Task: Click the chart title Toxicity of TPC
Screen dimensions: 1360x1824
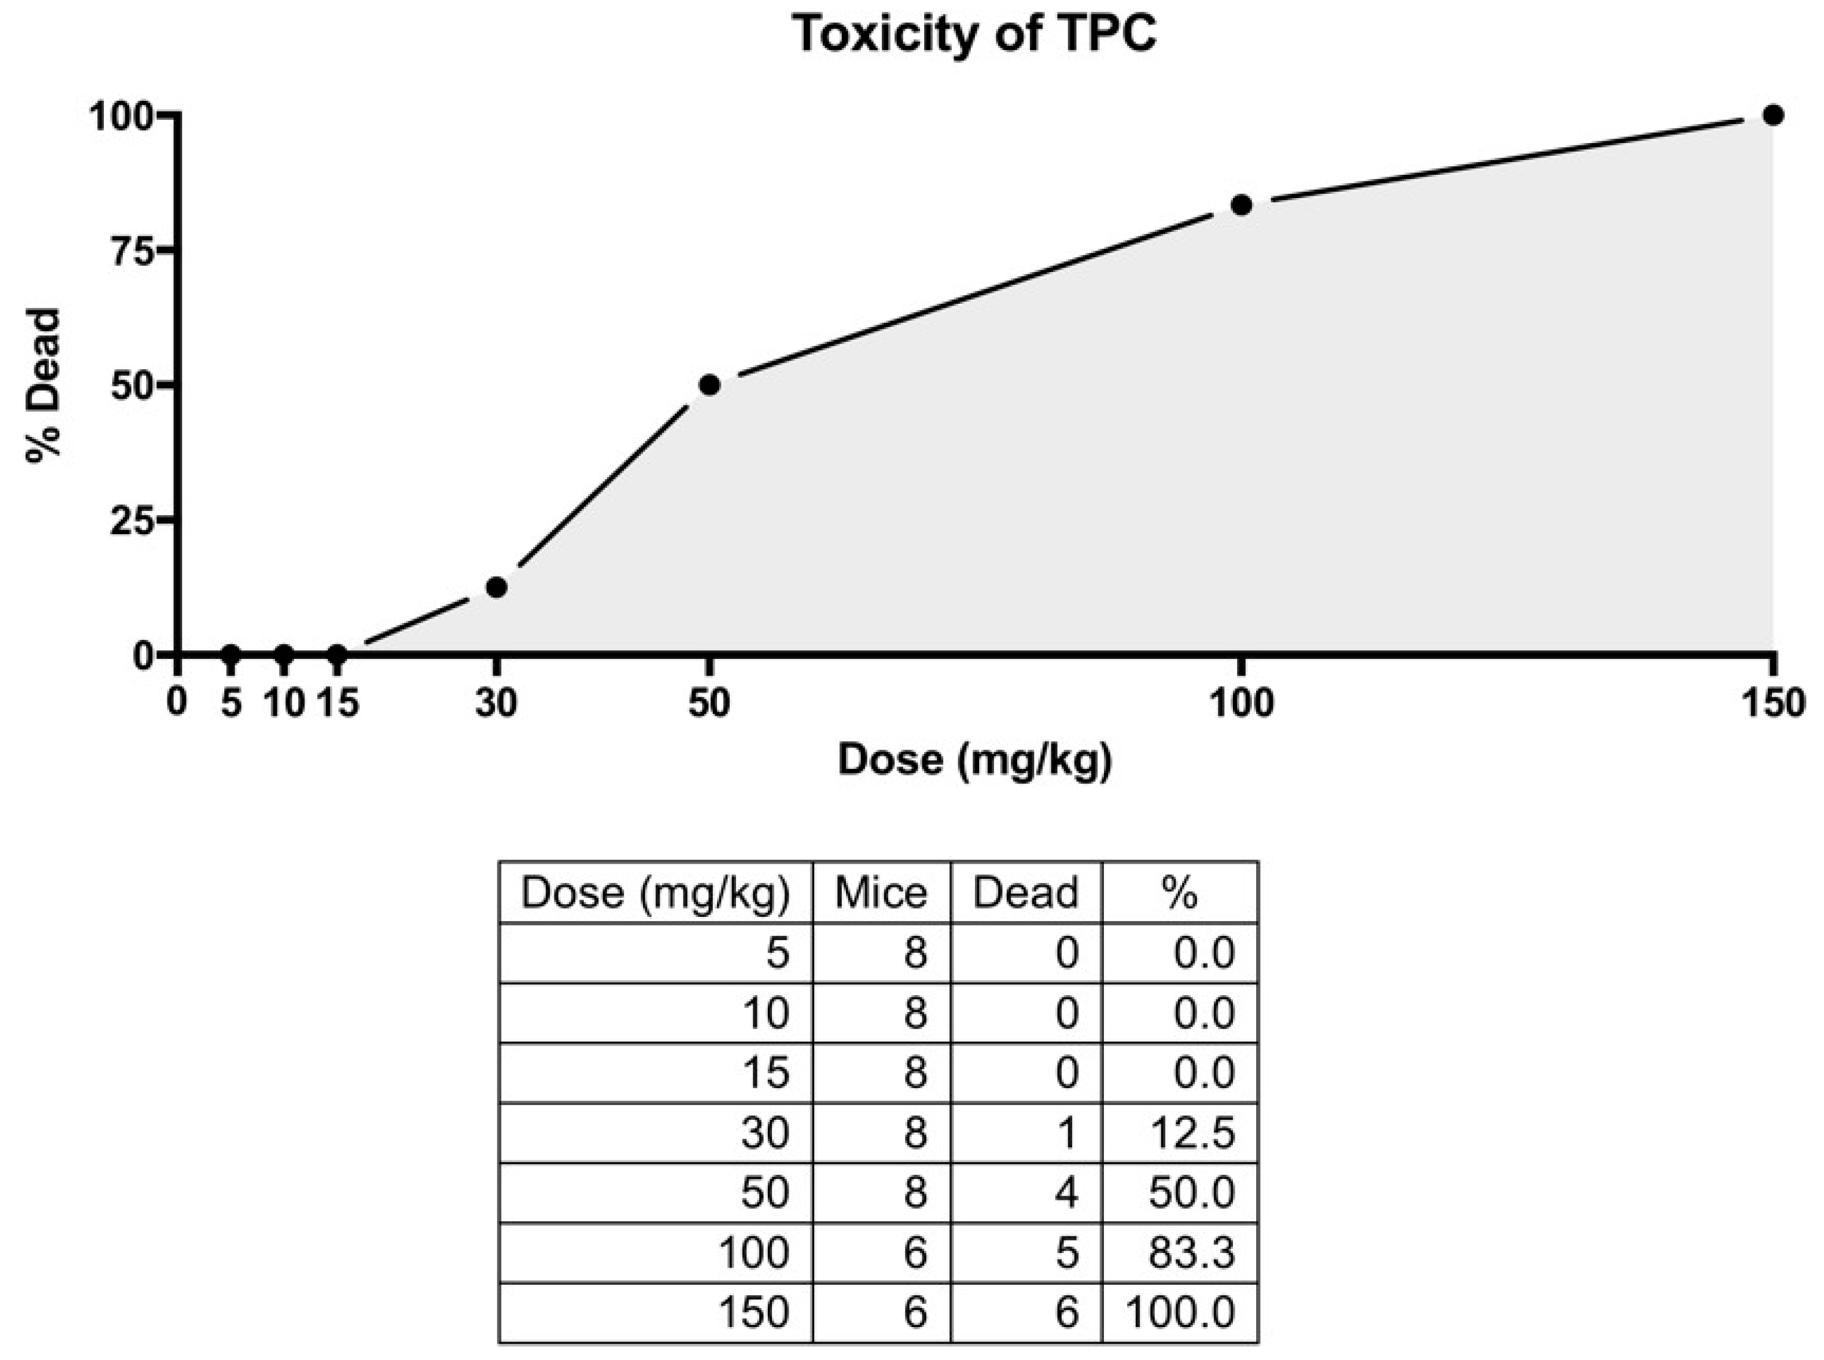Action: [974, 35]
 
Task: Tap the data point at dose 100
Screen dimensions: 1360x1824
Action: [1241, 205]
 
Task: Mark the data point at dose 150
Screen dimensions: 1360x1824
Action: [1774, 116]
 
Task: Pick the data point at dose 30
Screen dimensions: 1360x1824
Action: [496, 587]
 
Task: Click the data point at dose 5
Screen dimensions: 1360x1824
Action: [230, 655]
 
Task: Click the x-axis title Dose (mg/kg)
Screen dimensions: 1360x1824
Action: [974, 759]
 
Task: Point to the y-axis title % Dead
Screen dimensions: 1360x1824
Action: [43, 385]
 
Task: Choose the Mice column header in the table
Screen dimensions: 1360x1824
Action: [881, 892]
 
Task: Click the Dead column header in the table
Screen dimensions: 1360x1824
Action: [1026, 892]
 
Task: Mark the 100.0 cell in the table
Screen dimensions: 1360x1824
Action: [1180, 1312]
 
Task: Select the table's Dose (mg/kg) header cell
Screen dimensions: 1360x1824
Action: [655, 892]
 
